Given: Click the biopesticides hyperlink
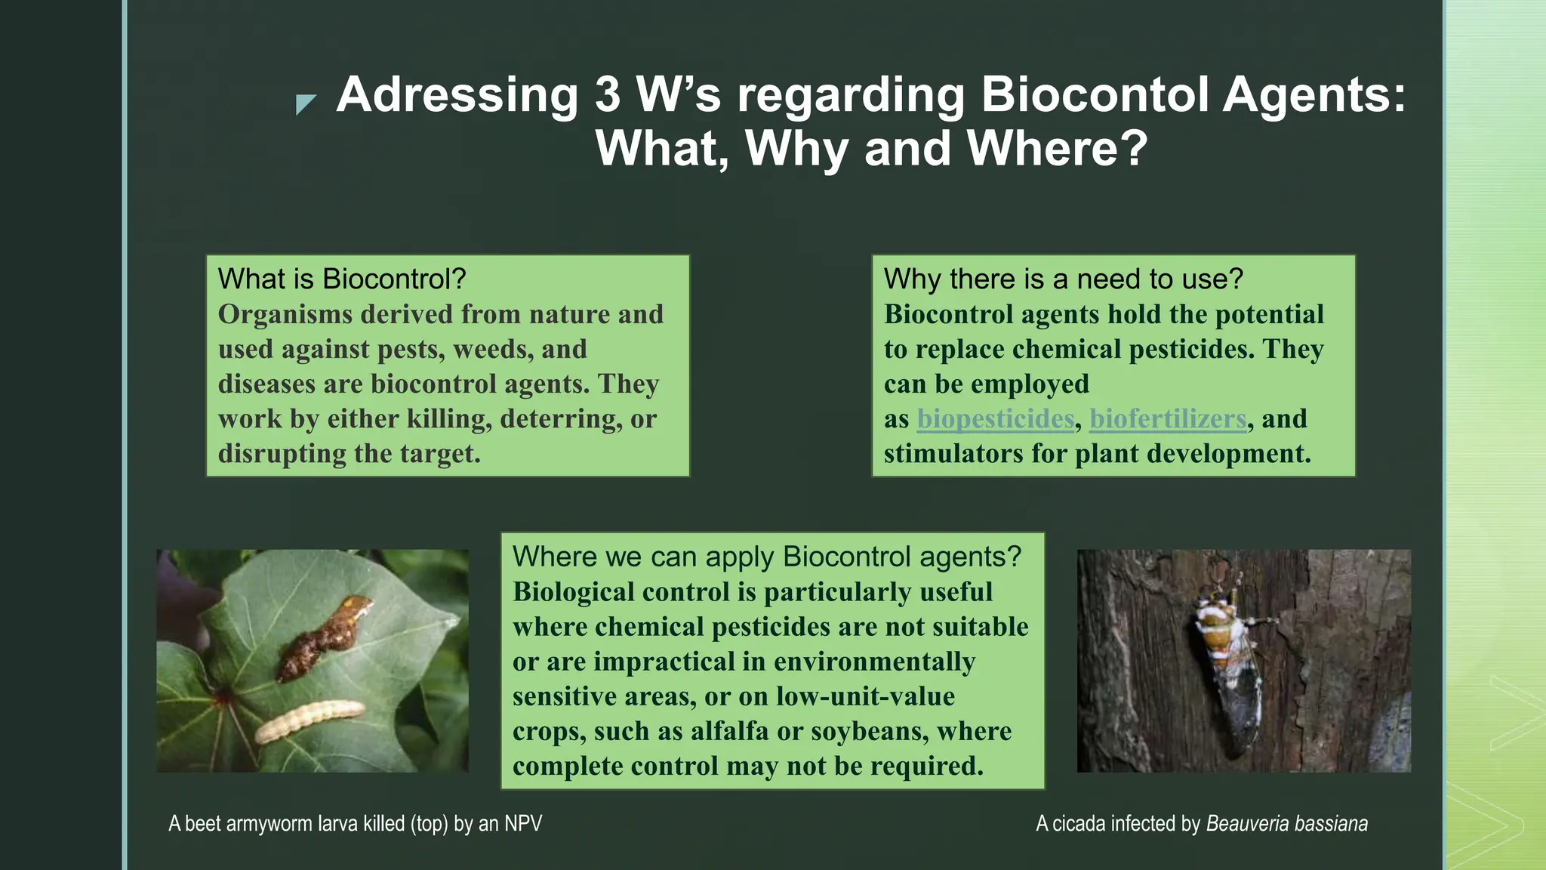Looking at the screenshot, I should (x=995, y=419).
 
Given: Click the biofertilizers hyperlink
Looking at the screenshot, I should (x=1167, y=419).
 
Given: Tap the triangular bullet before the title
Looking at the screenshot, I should (x=305, y=103).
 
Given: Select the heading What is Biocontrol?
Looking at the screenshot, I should (x=342, y=279).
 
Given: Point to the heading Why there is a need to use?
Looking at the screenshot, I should (x=1063, y=279).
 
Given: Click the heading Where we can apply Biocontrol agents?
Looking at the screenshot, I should (x=766, y=557).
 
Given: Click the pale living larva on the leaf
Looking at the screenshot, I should (x=310, y=720).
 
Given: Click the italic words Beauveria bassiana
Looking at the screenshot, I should (x=1286, y=823).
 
